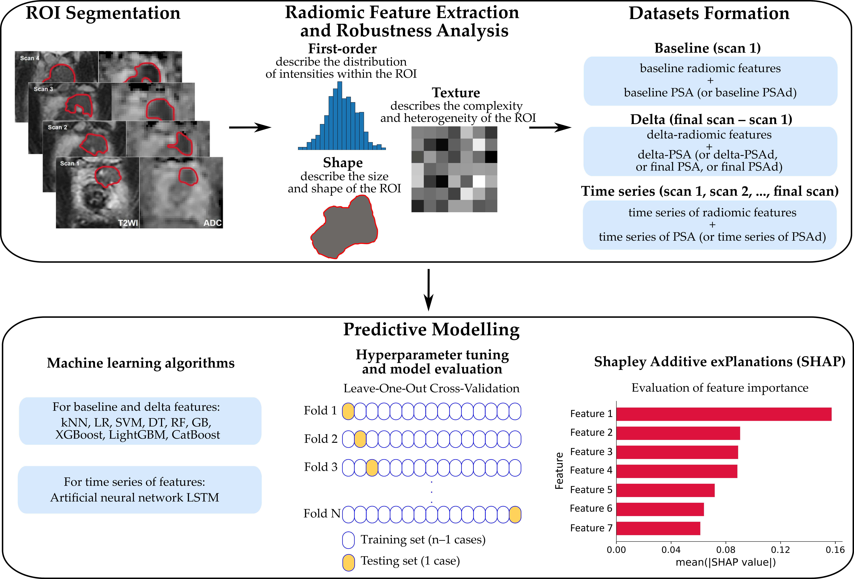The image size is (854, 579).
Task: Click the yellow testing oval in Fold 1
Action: (x=348, y=411)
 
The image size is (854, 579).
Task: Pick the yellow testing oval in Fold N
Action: (x=515, y=514)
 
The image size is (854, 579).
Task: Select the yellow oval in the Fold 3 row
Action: (x=372, y=468)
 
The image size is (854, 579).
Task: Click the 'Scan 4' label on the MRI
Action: (x=29, y=58)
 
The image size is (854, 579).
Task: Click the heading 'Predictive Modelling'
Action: (x=431, y=330)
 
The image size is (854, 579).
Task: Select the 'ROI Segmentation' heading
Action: (x=103, y=13)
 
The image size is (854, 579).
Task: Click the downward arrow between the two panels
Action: (x=429, y=290)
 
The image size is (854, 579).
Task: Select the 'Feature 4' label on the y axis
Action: (x=591, y=470)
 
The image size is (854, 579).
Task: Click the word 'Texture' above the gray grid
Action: (x=456, y=93)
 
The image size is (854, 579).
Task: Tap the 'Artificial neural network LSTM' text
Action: (x=134, y=497)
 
